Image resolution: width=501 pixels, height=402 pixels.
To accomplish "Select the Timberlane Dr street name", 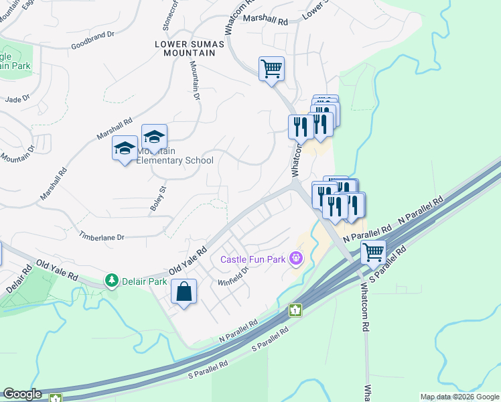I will point(102,237).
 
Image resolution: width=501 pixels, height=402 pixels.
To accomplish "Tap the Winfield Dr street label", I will point(233,277).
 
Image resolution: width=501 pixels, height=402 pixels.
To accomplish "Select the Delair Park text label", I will point(144,281).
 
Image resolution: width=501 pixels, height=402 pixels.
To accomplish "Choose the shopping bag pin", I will point(184,292).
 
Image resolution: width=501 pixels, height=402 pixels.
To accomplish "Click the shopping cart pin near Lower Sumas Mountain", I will point(271,68).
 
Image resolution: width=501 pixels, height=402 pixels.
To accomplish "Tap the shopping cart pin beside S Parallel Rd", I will point(372,253).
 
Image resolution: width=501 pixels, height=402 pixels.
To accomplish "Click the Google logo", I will point(21,394).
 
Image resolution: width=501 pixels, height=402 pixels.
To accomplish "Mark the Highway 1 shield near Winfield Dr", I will point(295,310).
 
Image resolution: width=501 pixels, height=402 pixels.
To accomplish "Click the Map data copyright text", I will point(459,397).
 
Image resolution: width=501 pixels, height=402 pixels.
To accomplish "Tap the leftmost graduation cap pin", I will point(125,148).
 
